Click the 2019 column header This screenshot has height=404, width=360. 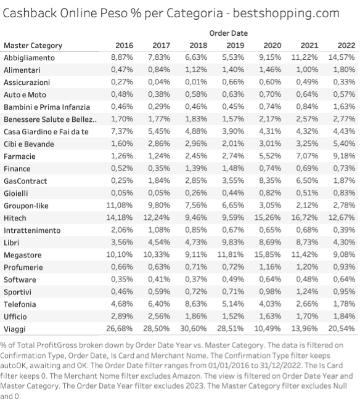[235, 46]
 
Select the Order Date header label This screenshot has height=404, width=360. [229, 33]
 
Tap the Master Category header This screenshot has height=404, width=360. [33, 46]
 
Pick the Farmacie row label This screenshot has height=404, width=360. [20, 156]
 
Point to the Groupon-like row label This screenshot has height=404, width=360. [26, 206]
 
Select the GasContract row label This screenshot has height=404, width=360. [25, 181]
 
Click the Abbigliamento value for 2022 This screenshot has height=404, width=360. [342, 57]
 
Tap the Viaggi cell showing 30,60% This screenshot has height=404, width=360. [194, 328]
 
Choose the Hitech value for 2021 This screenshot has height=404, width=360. [305, 217]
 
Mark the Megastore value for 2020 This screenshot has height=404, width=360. [268, 254]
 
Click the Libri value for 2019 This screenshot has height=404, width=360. [233, 242]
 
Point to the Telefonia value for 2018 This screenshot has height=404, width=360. [196, 304]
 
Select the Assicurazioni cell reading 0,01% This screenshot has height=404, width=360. [196, 82]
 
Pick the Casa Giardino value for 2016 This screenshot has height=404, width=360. [122, 131]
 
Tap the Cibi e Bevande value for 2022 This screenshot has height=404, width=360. [344, 143]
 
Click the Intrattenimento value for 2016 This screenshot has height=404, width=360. [122, 230]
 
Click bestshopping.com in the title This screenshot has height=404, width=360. [286, 14]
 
